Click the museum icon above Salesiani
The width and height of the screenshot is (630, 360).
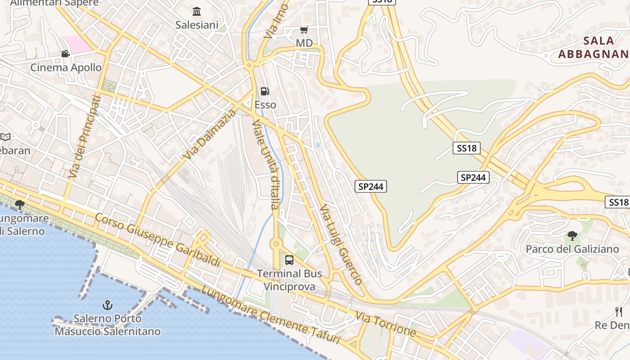pyautogui.click(x=197, y=11)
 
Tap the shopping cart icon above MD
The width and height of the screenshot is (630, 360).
pyautogui.click(x=304, y=30)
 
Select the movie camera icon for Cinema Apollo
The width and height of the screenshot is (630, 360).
pyautogui.click(x=66, y=54)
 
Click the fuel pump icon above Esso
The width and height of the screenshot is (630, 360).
pyautogui.click(x=265, y=91)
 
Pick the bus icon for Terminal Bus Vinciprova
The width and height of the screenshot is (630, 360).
pyautogui.click(x=289, y=260)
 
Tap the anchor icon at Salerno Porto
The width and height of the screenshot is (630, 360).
pyautogui.click(x=107, y=306)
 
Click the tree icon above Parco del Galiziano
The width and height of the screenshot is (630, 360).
pyautogui.click(x=572, y=235)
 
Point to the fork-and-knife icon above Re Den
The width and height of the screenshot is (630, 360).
pyautogui.click(x=619, y=311)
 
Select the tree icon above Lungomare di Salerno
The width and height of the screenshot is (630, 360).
pyautogui.click(x=19, y=205)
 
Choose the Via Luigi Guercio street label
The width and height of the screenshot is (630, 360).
pyautogui.click(x=341, y=245)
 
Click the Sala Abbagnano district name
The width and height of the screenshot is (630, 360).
pyautogui.click(x=593, y=47)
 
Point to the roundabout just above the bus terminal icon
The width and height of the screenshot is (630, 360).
pyautogui.click(x=276, y=244)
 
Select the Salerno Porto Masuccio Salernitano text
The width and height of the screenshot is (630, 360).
pyautogui.click(x=108, y=325)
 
